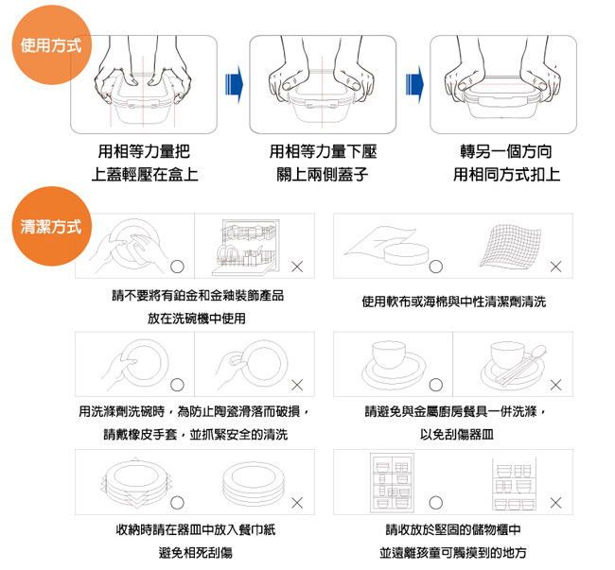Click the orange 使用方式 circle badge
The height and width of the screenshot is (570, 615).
pyautogui.click(x=52, y=45)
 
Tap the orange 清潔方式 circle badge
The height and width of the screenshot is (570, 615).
pyautogui.click(x=52, y=227)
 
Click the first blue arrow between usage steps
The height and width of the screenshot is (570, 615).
pyautogui.click(x=234, y=85)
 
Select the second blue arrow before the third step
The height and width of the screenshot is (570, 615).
pyautogui.click(x=415, y=85)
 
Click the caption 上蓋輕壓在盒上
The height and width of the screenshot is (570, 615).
pyautogui.click(x=145, y=175)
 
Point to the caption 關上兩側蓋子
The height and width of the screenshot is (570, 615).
pyautogui.click(x=323, y=175)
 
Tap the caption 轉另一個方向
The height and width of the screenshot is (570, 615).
pyautogui.click(x=506, y=151)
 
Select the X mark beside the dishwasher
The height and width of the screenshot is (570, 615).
pyautogui.click(x=297, y=268)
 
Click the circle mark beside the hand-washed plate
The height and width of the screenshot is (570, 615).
pyautogui.click(x=177, y=267)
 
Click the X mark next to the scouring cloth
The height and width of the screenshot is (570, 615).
pyautogui.click(x=555, y=268)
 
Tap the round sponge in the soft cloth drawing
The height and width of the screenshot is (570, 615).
pyautogui.click(x=406, y=254)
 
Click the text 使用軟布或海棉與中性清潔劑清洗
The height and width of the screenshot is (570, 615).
pyautogui.click(x=454, y=302)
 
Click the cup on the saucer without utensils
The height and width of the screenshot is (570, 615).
pyautogui.click(x=389, y=354)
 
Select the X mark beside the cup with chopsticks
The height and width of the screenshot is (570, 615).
pyautogui.click(x=555, y=385)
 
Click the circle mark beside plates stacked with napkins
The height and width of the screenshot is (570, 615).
pyautogui.click(x=177, y=503)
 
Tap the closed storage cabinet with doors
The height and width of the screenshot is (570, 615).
pyautogui.click(x=392, y=483)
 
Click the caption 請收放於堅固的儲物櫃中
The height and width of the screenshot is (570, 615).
pyautogui.click(x=454, y=529)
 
